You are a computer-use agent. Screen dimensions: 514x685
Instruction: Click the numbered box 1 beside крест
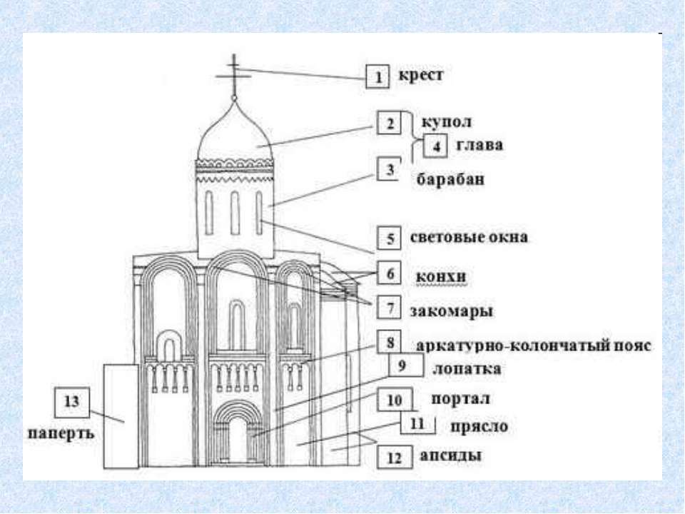point(377,76)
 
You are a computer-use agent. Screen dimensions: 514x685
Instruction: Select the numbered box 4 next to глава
point(435,146)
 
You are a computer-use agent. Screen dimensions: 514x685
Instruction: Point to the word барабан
point(450,180)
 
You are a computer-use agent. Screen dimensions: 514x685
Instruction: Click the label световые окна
point(470,237)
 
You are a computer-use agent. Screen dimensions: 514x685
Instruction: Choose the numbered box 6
point(390,274)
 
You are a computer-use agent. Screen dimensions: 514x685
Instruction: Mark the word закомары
point(452,311)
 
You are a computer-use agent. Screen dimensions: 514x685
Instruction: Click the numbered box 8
point(390,343)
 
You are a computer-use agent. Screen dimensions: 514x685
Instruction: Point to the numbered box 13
point(72,402)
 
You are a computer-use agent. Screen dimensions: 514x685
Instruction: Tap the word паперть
point(61,433)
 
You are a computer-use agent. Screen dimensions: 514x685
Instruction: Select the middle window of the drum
point(234,213)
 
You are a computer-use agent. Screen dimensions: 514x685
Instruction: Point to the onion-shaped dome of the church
point(233,136)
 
